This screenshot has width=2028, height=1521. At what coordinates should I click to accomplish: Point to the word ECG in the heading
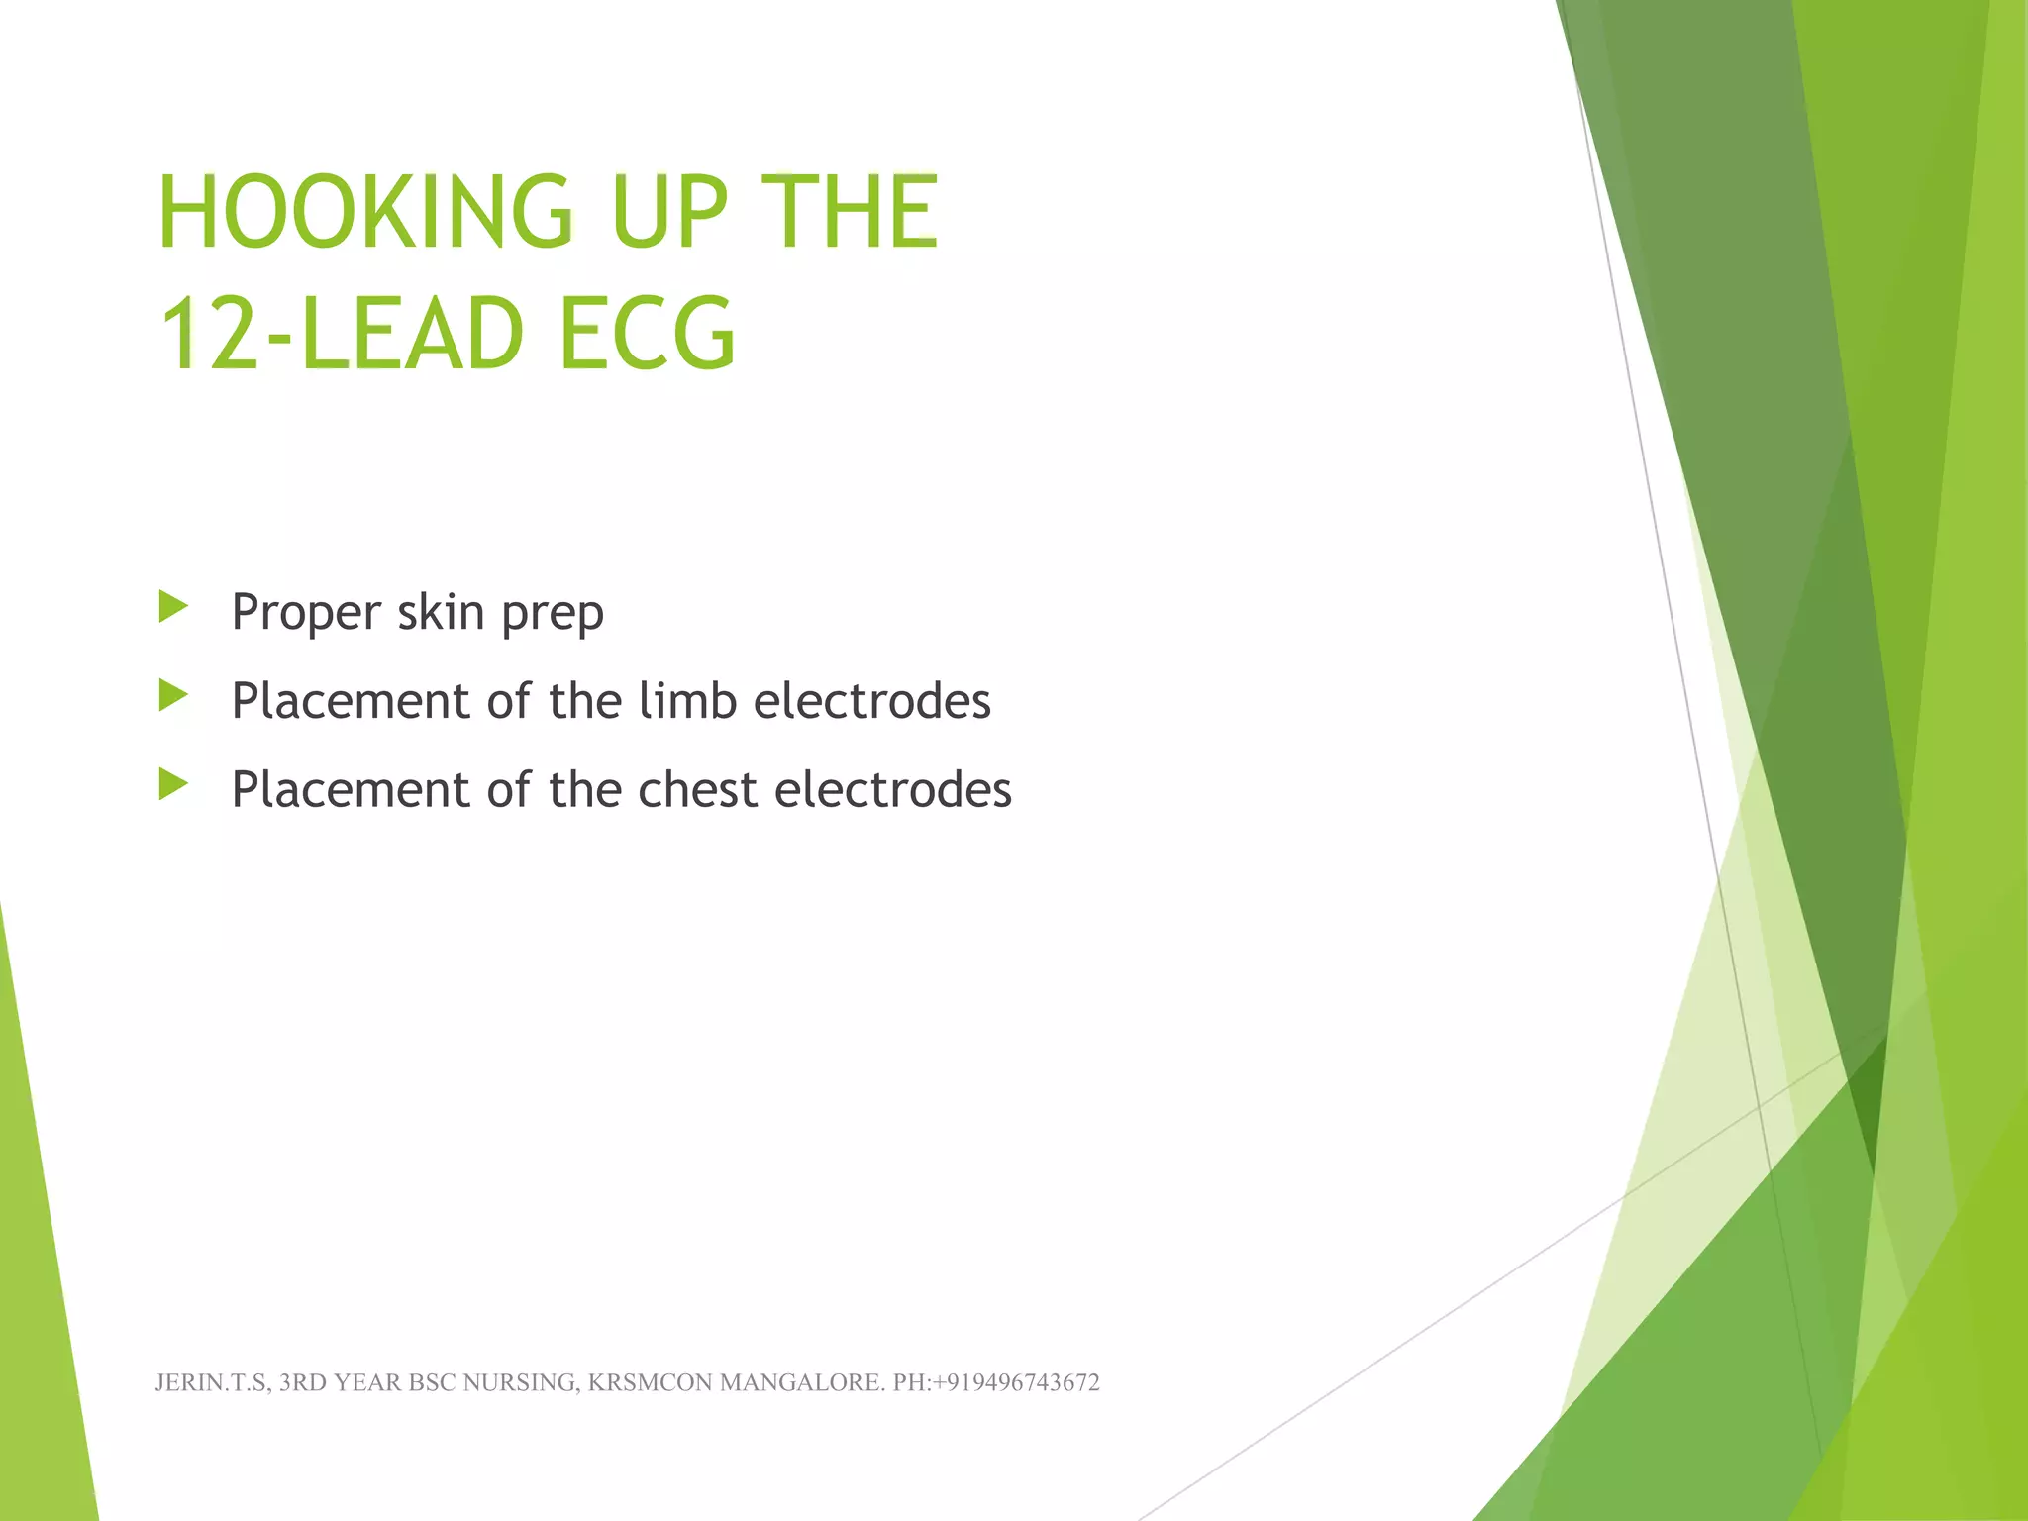tap(648, 334)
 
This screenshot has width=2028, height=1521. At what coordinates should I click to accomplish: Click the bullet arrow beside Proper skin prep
tap(173, 607)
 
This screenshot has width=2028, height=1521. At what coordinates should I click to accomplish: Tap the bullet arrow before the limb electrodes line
tap(173, 696)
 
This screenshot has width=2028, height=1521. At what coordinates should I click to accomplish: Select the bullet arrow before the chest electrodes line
tap(173, 785)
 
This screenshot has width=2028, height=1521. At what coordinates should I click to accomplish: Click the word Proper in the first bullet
tap(305, 613)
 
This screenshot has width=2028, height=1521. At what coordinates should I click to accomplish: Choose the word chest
tap(697, 790)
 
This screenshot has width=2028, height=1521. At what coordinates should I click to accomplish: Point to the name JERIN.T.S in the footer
tap(211, 1383)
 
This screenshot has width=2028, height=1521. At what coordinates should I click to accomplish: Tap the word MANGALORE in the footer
tap(801, 1383)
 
